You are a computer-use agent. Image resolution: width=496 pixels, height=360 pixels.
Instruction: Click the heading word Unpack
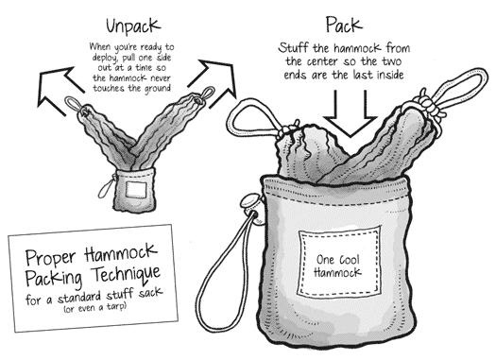(x=133, y=26)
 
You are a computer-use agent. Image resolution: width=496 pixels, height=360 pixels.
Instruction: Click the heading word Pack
(x=344, y=25)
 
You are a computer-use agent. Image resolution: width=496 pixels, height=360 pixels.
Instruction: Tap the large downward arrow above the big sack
(x=351, y=114)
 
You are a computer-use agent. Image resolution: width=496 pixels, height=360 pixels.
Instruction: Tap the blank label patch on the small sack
(x=136, y=190)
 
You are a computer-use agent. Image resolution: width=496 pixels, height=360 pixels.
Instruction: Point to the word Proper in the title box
(x=51, y=257)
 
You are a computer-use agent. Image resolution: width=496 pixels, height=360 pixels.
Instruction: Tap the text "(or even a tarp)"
(x=95, y=308)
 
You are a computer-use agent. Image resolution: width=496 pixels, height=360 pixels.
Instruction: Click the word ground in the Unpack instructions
(x=158, y=89)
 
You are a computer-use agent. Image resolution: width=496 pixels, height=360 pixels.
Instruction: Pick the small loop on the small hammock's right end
(x=208, y=94)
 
